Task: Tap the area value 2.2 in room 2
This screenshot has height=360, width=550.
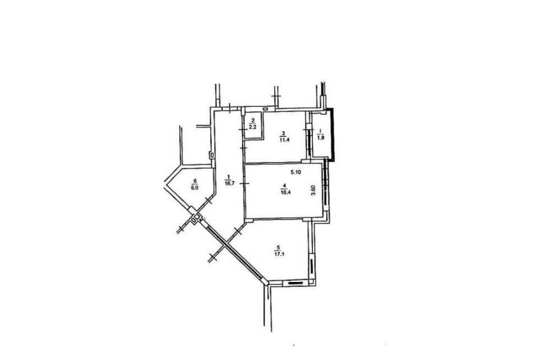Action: click(x=252, y=126)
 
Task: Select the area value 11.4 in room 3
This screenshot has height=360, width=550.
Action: click(x=284, y=140)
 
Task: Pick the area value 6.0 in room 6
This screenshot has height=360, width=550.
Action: click(x=194, y=187)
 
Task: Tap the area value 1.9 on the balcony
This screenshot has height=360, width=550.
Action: click(x=320, y=138)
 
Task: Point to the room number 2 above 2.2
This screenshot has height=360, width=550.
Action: click(x=252, y=120)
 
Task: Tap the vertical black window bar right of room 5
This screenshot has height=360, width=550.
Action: click(x=311, y=267)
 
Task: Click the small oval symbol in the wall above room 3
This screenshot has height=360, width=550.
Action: click(x=266, y=109)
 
